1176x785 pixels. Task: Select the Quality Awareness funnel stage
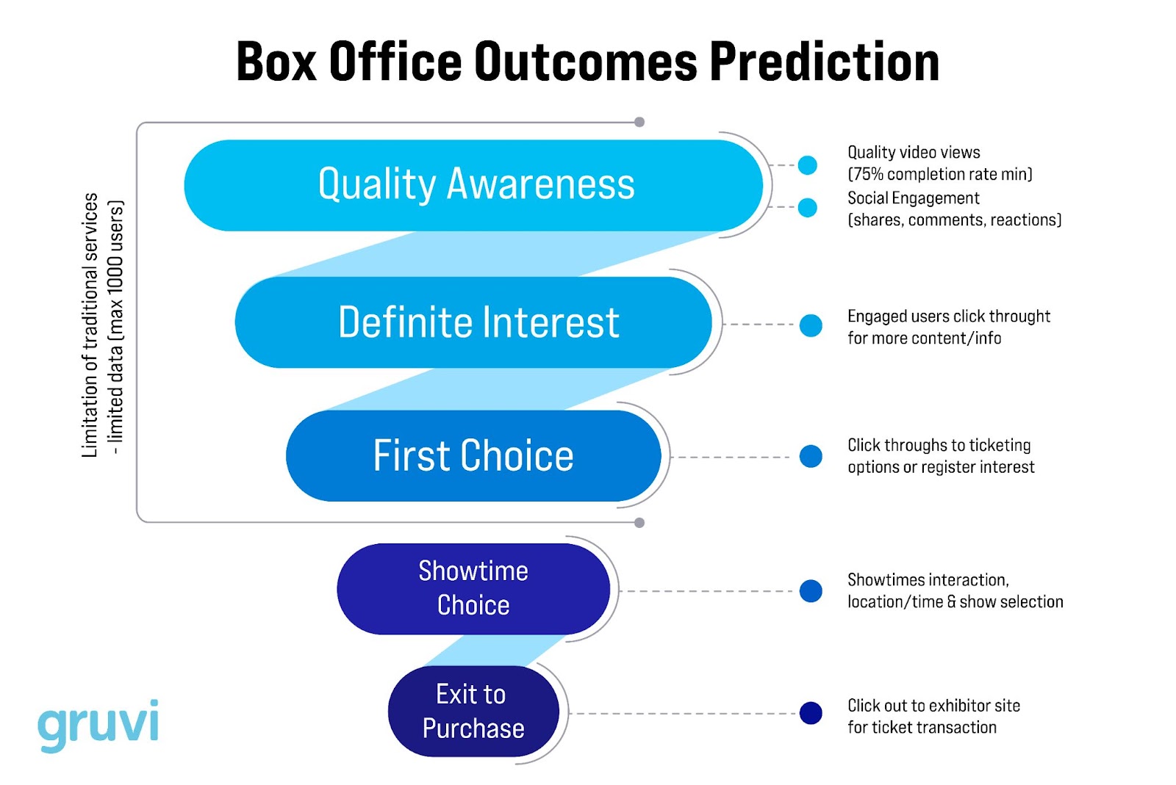pyautogui.click(x=474, y=185)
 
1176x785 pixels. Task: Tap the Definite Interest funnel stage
pyautogui.click(x=474, y=322)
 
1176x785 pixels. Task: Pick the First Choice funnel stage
pyautogui.click(x=474, y=456)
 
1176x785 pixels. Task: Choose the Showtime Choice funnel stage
pyautogui.click(x=474, y=588)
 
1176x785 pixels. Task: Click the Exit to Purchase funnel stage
pyautogui.click(x=474, y=711)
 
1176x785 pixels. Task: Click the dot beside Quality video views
pyautogui.click(x=808, y=165)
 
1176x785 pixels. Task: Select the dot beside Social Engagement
pyautogui.click(x=808, y=208)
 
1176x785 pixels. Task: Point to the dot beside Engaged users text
pyautogui.click(x=811, y=325)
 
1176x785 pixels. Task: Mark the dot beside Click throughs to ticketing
pyautogui.click(x=811, y=456)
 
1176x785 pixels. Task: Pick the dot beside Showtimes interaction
pyautogui.click(x=811, y=590)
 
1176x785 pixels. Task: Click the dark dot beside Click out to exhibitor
pyautogui.click(x=811, y=712)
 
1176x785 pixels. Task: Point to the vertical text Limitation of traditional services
pyautogui.click(x=90, y=325)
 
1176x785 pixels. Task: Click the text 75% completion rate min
pyautogui.click(x=940, y=175)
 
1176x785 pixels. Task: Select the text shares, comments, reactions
pyautogui.click(x=955, y=220)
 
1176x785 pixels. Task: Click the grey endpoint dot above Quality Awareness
pyautogui.click(x=639, y=122)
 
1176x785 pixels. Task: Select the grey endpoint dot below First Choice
pyautogui.click(x=639, y=523)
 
